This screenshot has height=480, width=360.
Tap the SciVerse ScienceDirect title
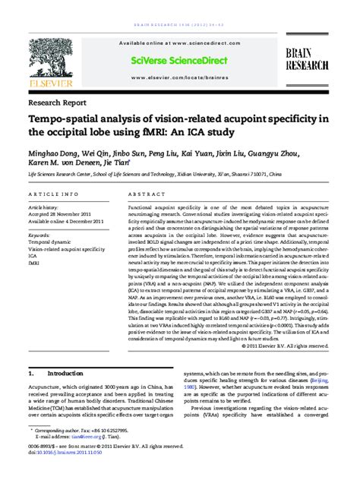tap(179, 59)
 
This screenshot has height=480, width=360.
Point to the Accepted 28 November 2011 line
tap(61, 213)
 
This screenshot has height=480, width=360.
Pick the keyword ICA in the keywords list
tap(33, 255)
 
